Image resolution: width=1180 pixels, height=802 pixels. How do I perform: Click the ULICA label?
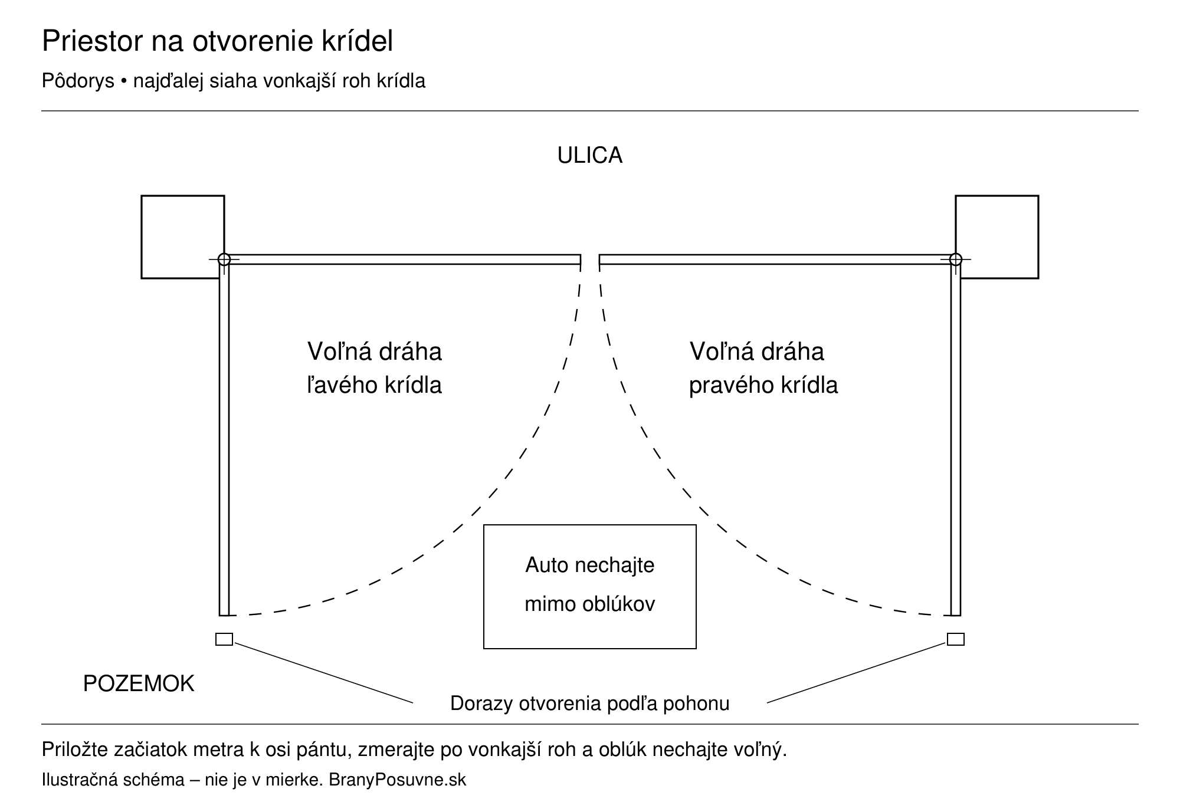(590, 156)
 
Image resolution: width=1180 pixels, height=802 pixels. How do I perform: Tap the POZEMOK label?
(139, 684)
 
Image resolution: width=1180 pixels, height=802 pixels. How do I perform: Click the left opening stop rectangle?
(224, 639)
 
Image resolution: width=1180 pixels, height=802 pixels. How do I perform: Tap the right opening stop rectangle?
(956, 639)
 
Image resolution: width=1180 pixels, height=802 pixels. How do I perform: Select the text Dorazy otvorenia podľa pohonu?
(590, 704)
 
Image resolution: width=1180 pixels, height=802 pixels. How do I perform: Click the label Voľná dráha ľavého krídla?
(375, 369)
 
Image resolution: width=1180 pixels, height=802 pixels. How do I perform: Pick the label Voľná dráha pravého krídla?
(763, 369)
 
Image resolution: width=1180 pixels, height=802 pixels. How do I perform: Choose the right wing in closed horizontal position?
(778, 259)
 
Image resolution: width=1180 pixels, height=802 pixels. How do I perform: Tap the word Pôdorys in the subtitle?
(78, 81)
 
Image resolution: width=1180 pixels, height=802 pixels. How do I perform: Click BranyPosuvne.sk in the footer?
(397, 780)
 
